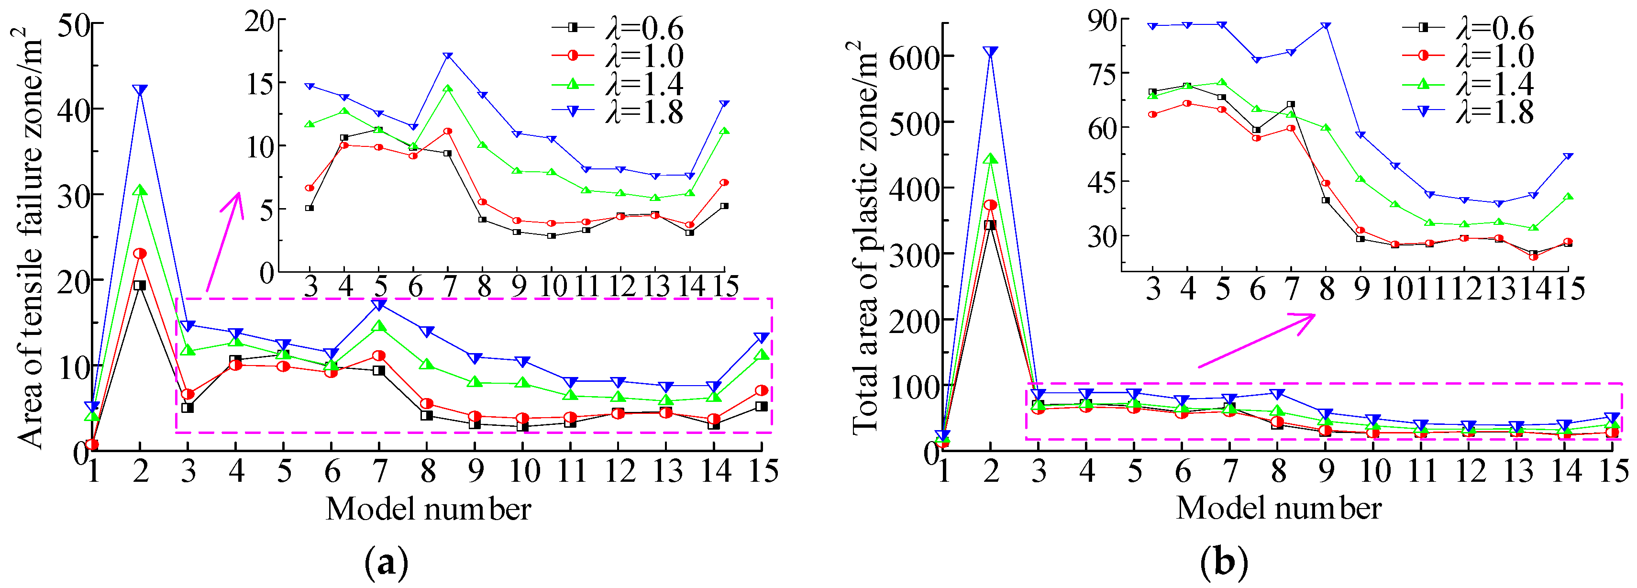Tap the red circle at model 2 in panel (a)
(x=140, y=254)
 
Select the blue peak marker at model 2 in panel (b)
(x=990, y=52)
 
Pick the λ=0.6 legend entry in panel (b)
(x=1468, y=29)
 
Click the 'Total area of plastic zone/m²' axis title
(x=864, y=238)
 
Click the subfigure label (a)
(x=387, y=563)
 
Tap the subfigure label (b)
(x=1223, y=563)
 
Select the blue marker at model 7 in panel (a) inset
(x=448, y=56)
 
